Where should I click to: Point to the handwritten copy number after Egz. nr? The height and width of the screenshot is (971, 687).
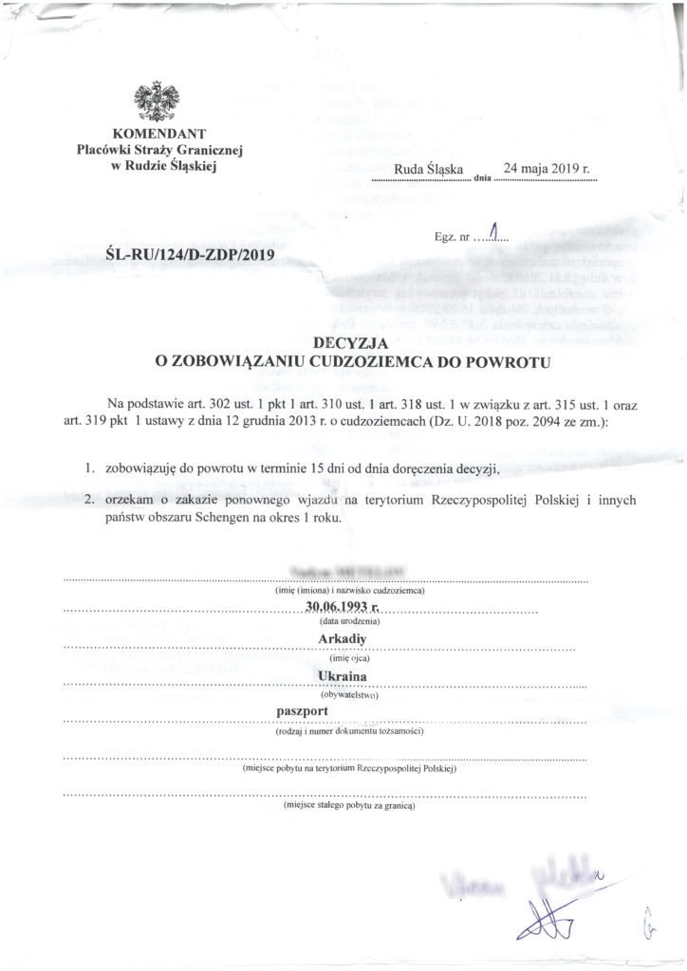pos(492,232)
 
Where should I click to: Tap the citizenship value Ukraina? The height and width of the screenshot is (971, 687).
pos(343,676)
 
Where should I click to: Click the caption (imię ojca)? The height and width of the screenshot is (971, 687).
pos(343,656)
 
